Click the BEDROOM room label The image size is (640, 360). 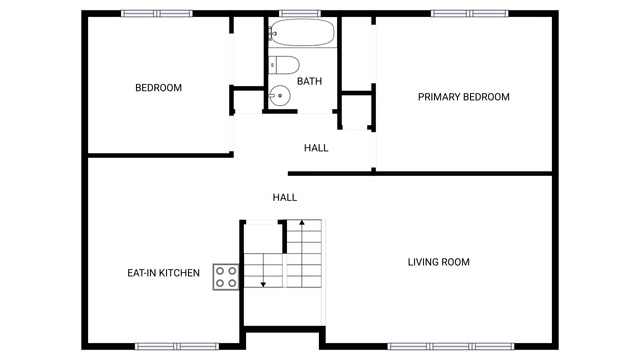[x=158, y=88]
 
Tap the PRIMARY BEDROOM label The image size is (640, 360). [x=464, y=97]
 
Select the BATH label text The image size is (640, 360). [x=309, y=81]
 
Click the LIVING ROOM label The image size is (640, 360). [x=439, y=262]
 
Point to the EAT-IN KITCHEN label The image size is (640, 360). [x=164, y=273]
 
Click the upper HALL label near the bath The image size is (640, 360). [x=316, y=148]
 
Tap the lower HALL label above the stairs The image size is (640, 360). [x=285, y=198]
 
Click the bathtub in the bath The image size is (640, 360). [x=302, y=32]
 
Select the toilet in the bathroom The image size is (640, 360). [x=284, y=65]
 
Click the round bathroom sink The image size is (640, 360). [x=280, y=96]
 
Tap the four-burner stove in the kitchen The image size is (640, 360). [x=226, y=277]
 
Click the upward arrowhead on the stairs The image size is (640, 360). [x=302, y=222]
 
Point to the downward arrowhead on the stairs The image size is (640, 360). [x=263, y=284]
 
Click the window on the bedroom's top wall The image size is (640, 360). [x=157, y=13]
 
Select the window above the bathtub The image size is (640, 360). [x=300, y=13]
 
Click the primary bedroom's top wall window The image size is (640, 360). [x=470, y=13]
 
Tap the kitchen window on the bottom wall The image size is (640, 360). [x=177, y=347]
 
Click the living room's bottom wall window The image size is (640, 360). [x=451, y=347]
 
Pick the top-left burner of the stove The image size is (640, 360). [x=220, y=271]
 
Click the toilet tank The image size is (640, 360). [x=273, y=65]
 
